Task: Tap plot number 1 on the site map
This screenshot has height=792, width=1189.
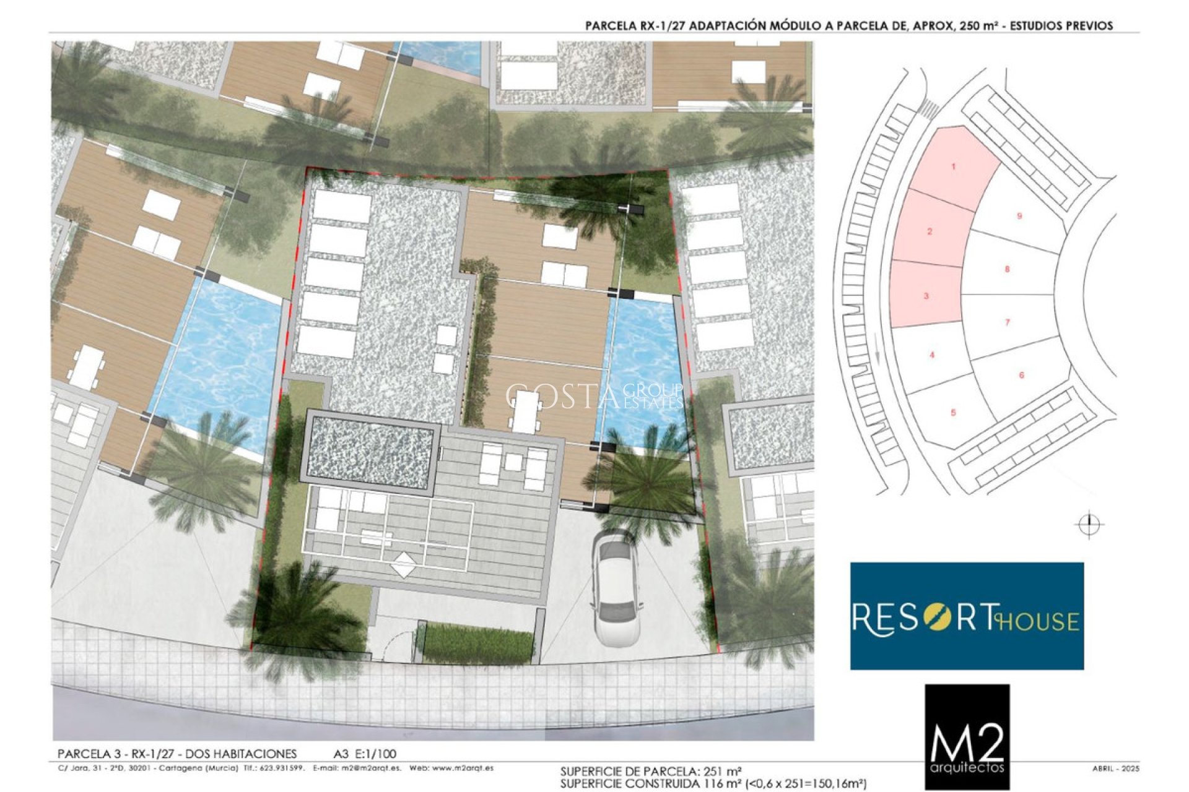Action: (954, 166)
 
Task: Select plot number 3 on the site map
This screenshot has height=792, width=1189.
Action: (926, 296)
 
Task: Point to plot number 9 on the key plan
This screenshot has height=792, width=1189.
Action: (1019, 216)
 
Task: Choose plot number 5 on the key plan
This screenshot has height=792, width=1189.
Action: (953, 412)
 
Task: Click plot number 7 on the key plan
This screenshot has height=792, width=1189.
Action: (1008, 322)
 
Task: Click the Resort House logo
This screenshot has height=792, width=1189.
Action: (967, 616)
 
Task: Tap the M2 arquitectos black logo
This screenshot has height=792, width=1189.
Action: (967, 736)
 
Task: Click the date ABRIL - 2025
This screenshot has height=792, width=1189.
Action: (1116, 768)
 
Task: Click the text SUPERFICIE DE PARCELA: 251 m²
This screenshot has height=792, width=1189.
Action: (651, 772)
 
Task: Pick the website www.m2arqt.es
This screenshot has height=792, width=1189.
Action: (463, 768)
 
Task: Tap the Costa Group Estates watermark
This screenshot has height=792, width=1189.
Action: (594, 396)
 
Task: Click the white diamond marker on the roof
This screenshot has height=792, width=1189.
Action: (404, 565)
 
